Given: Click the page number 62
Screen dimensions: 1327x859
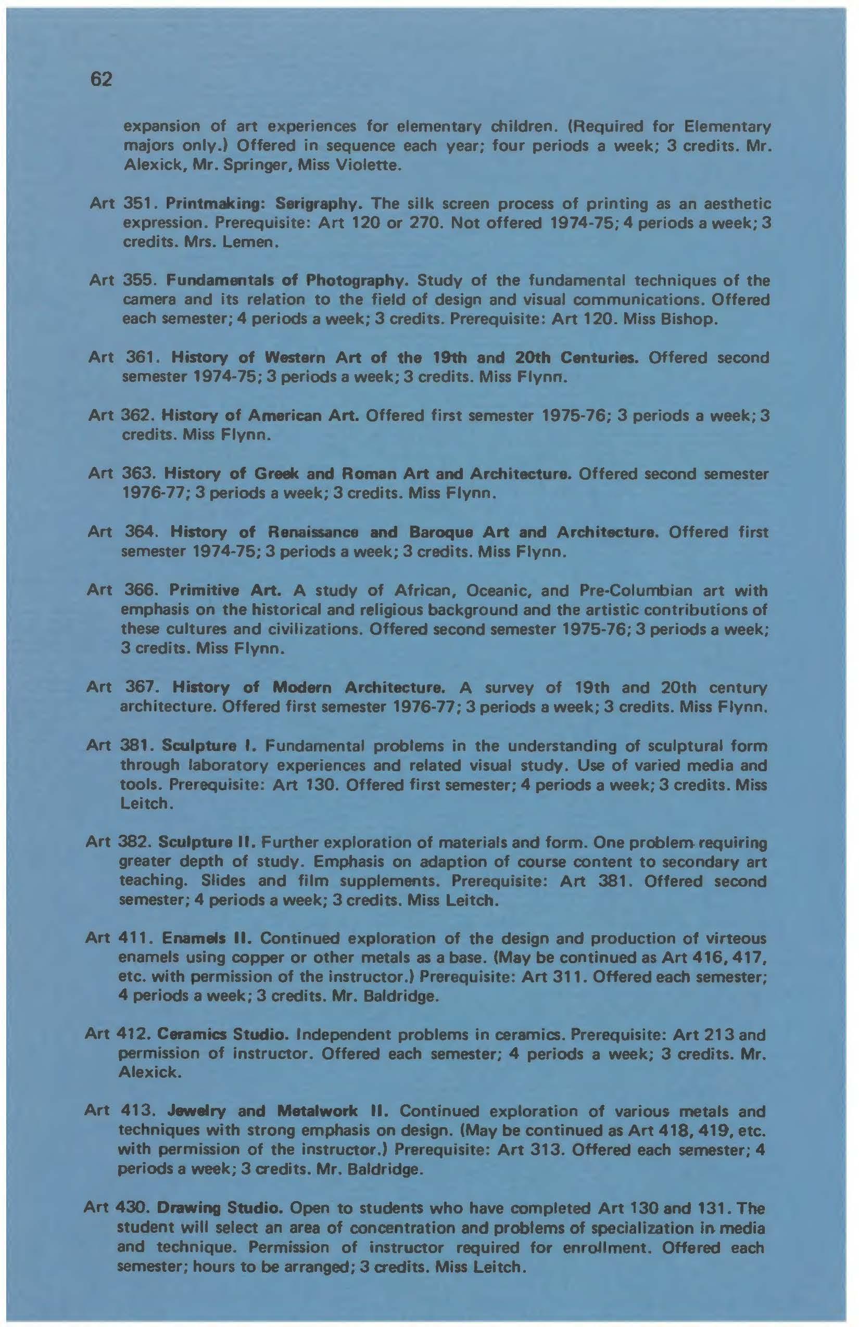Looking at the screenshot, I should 100,80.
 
